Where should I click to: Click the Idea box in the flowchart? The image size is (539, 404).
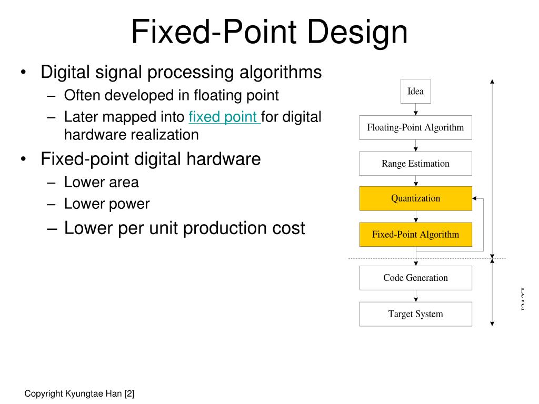point(416,92)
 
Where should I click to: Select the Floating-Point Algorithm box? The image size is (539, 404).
point(416,127)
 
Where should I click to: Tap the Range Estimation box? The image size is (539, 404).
point(416,164)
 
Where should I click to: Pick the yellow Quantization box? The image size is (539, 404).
point(416,198)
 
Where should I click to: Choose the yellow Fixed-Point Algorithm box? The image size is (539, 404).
point(416,235)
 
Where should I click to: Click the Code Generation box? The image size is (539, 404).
point(416,278)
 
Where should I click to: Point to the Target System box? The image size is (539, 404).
point(416,314)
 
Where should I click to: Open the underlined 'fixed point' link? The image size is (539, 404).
point(223,117)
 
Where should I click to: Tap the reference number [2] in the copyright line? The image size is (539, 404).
point(129,393)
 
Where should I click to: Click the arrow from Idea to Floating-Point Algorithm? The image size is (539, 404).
point(416,109)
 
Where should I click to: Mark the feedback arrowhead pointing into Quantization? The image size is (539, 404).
point(475,199)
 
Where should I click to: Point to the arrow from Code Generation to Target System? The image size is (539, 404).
point(416,296)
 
